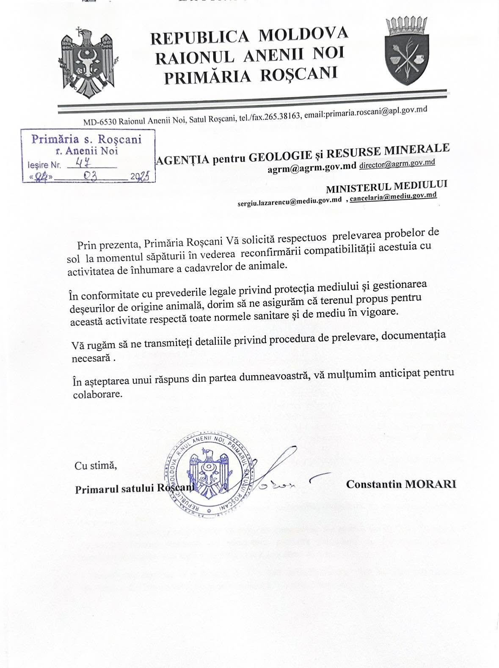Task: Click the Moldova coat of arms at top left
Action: pyautogui.click(x=86, y=62)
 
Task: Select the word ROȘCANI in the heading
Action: pyautogui.click(x=298, y=74)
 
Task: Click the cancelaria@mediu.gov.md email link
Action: pyautogui.click(x=393, y=196)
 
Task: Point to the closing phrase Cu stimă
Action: pyautogui.click(x=95, y=466)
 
